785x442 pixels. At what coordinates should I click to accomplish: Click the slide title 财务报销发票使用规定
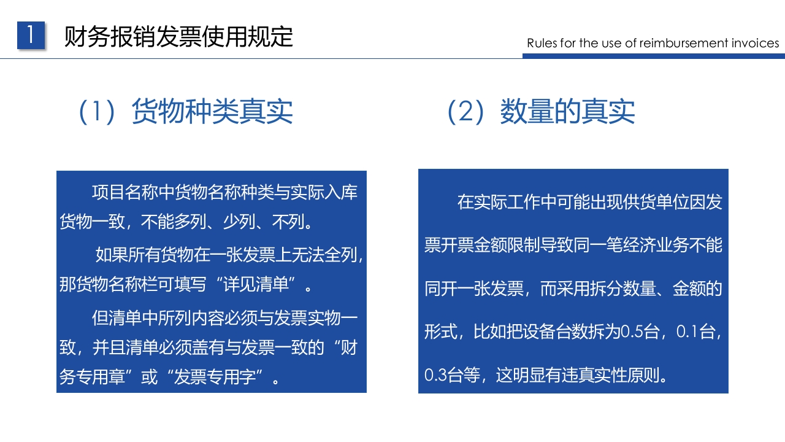(178, 37)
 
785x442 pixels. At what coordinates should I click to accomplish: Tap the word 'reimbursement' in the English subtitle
(683, 43)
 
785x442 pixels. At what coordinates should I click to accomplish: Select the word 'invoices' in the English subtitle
(755, 43)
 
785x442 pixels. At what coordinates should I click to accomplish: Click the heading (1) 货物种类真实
(186, 111)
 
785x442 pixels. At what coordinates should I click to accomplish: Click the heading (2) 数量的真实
(541, 111)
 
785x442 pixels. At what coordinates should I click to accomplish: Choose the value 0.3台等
(452, 374)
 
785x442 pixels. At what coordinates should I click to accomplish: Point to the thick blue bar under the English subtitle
(653, 56)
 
